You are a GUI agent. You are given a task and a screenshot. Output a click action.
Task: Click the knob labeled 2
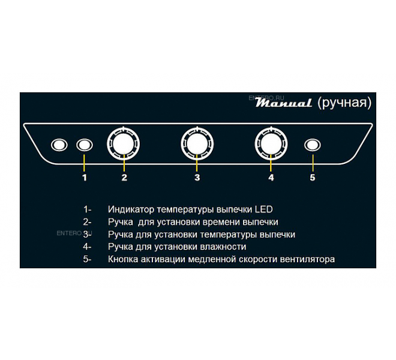click(124, 144)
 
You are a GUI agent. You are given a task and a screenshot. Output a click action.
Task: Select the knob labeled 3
click(197, 144)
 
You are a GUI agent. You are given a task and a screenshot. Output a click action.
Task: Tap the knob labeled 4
click(271, 144)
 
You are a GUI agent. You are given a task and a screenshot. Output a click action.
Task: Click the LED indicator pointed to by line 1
click(85, 145)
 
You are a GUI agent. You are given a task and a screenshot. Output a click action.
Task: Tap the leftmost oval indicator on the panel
click(59, 145)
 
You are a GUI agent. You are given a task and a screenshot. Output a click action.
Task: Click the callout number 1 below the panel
click(85, 178)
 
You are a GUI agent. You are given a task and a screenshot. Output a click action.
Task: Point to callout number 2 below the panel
click(124, 178)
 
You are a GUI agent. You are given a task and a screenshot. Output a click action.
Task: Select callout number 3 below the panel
click(197, 178)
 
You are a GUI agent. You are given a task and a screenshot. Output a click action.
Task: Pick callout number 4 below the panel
click(271, 178)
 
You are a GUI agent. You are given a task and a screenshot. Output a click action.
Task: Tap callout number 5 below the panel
click(313, 178)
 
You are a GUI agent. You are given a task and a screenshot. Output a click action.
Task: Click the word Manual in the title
click(283, 103)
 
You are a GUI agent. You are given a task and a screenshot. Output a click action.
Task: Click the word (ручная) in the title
click(344, 103)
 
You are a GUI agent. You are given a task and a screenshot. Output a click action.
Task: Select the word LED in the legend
click(263, 209)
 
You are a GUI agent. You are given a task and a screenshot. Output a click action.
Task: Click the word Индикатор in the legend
click(131, 209)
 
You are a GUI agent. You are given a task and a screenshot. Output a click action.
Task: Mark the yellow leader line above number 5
click(313, 163)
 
